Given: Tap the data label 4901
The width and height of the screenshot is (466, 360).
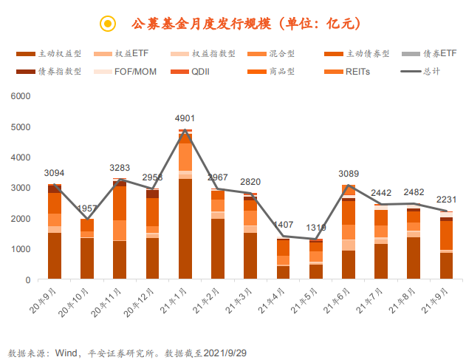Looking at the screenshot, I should [185, 118].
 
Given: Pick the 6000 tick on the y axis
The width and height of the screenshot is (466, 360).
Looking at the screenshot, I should [21, 96].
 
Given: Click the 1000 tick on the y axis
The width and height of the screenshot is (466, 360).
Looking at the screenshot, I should [21, 249].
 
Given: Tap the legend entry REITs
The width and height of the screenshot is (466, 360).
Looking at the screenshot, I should [357, 72].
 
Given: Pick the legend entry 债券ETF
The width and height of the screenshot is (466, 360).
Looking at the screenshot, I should [440, 54].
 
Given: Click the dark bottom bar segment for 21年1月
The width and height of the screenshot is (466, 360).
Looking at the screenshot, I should [185, 229].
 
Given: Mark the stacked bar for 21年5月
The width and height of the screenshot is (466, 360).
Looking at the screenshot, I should [315, 259].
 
